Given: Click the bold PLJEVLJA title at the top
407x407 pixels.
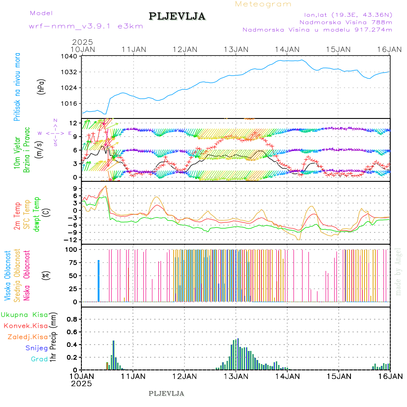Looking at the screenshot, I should click(177, 17).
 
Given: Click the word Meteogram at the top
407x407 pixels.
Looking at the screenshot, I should click(263, 4).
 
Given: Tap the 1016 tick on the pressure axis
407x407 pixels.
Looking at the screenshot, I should click(71, 103).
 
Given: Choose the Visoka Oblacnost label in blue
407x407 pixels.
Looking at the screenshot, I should click(8, 275).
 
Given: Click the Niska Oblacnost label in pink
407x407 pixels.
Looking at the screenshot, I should click(27, 275).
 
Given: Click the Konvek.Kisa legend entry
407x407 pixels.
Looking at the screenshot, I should click(25, 326).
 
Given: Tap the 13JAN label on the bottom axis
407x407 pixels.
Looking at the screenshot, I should click(236, 376).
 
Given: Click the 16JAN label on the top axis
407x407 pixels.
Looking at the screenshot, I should click(390, 49).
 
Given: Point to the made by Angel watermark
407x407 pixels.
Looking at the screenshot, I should click(398, 271).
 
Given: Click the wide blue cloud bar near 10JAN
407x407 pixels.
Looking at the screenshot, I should click(99, 280).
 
